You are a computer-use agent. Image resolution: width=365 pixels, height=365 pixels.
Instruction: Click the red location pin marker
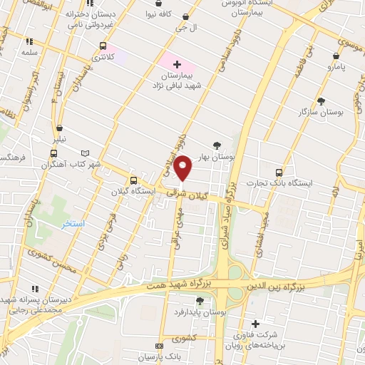point(183,168)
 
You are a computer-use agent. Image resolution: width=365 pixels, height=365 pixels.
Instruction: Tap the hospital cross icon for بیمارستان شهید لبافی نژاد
point(177,64)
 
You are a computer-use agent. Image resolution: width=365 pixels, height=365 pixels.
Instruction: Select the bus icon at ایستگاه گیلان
point(133,180)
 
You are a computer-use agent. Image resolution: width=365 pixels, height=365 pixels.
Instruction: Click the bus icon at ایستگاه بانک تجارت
point(279,172)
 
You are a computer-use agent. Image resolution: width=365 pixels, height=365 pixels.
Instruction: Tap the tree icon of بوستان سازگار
point(321,101)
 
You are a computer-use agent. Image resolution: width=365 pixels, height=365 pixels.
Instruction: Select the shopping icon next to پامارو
point(336,56)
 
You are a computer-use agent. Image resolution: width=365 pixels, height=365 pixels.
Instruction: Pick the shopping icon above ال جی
point(186,16)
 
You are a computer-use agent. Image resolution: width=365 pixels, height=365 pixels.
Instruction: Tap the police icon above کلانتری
point(103,46)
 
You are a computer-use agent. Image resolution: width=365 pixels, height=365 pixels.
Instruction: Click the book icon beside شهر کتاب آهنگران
point(86,153)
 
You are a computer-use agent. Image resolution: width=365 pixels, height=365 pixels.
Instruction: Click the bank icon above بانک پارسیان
point(158,346)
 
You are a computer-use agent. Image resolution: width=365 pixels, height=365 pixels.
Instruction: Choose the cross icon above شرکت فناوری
point(255,324)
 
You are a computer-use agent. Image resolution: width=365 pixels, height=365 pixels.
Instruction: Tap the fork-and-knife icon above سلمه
point(29,41)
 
